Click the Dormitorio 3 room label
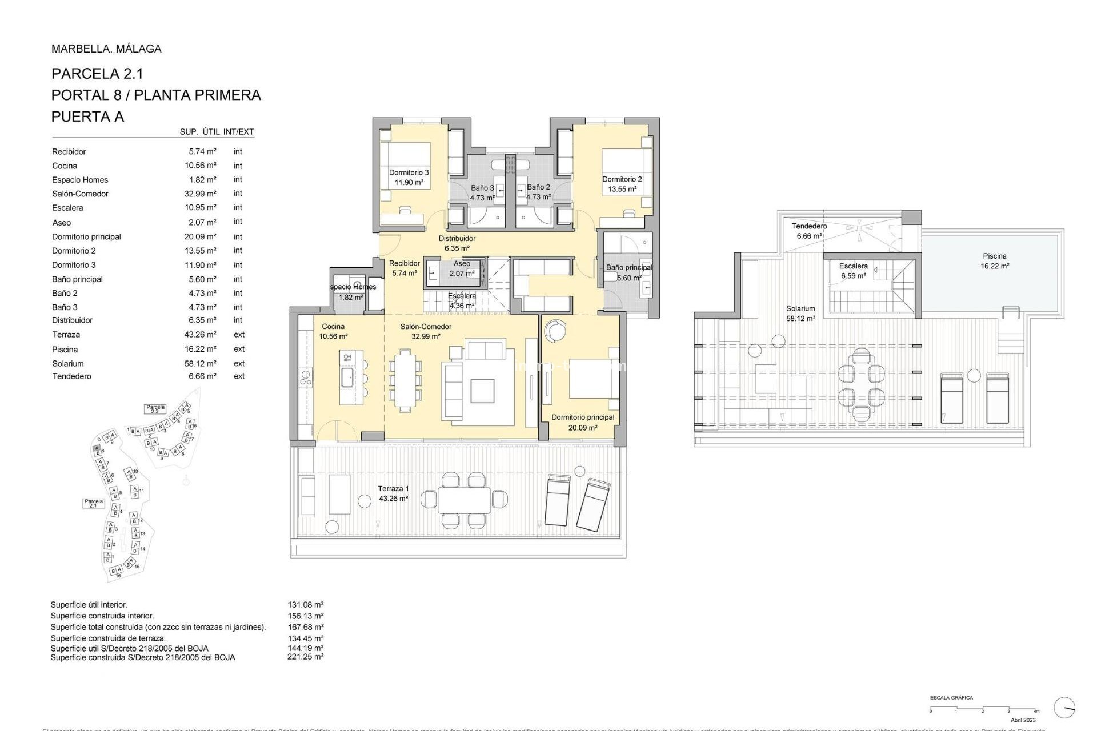(x=409, y=177)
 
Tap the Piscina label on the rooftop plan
(x=995, y=260)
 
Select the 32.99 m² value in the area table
(x=200, y=194)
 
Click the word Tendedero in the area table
(x=72, y=376)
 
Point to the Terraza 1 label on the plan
(x=393, y=493)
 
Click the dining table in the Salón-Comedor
(x=406, y=380)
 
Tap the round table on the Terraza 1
(x=364, y=501)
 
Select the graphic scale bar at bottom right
(x=984, y=710)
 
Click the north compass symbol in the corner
(x=1064, y=708)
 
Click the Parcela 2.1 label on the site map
(x=94, y=503)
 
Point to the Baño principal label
(x=628, y=272)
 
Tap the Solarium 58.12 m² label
(x=800, y=314)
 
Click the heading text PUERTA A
(x=87, y=117)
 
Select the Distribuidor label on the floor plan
(x=457, y=243)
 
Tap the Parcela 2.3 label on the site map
(x=155, y=409)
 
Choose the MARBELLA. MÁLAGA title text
(x=106, y=49)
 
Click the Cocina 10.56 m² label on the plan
(x=333, y=331)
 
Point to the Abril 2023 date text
(x=1023, y=720)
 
